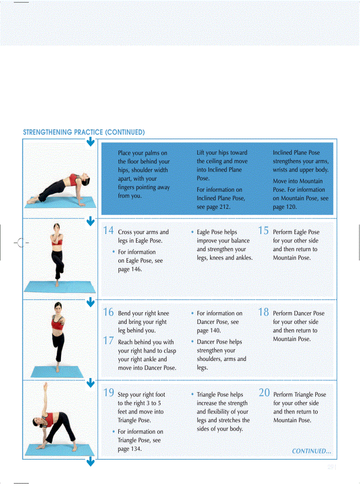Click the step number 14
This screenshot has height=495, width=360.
point(109,231)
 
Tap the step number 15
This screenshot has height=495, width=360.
point(263,231)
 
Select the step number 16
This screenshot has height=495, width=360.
point(109,312)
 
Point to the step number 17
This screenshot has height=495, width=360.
point(109,341)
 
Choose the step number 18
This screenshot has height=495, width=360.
point(263,312)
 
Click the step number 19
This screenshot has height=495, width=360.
point(109,393)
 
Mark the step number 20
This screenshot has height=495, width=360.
point(264,393)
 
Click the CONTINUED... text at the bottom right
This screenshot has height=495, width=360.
point(311,451)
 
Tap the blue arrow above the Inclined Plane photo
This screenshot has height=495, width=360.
point(90,141)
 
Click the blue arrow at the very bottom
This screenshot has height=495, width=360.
point(90,462)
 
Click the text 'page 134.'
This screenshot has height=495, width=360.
point(130,449)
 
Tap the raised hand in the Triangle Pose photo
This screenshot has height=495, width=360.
point(45,386)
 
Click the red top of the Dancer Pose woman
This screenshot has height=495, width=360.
point(56,324)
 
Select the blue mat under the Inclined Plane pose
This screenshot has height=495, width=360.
point(62,203)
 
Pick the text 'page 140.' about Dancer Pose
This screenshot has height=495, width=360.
point(209,331)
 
